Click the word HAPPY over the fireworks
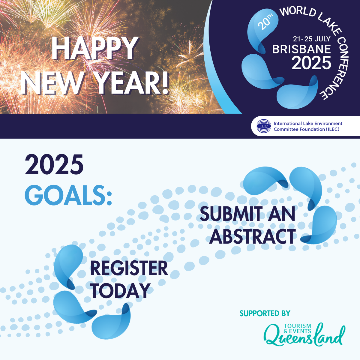pos(95,49)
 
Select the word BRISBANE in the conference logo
pos(301,49)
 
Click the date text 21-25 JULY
pos(312,39)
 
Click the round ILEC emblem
pos(264,126)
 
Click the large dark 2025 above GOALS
pos(54,165)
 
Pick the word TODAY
pos(121,291)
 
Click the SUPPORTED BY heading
pos(265,313)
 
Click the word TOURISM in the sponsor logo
pos(297,326)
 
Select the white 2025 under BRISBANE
pos(311,63)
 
